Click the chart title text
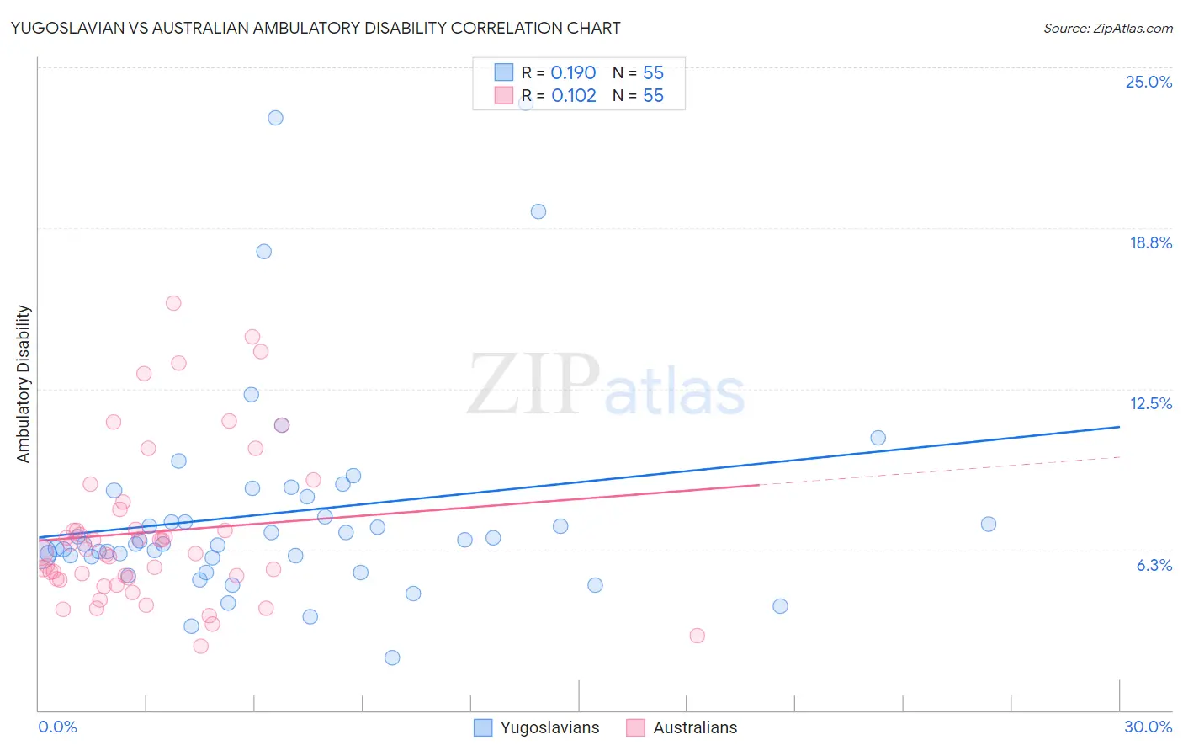pyautogui.click(x=316, y=28)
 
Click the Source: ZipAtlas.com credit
pyautogui.click(x=1107, y=28)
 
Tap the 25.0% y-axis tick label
pyautogui.click(x=1149, y=82)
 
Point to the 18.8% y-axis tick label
pyautogui.click(x=1150, y=242)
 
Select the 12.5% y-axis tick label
pyautogui.click(x=1150, y=403)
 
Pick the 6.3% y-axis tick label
pyautogui.click(x=1154, y=565)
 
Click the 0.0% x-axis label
pyautogui.click(x=57, y=727)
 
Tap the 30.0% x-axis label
pyautogui.click(x=1148, y=727)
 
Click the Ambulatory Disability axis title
pyautogui.click(x=24, y=384)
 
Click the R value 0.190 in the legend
pyautogui.click(x=573, y=73)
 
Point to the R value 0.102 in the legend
pyautogui.click(x=574, y=96)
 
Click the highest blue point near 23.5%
pyautogui.click(x=275, y=118)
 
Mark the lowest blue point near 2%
pyautogui.click(x=392, y=658)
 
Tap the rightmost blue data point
pyautogui.click(x=989, y=525)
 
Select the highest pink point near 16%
pyautogui.click(x=173, y=303)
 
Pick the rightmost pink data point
pyautogui.click(x=697, y=636)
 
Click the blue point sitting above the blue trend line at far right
pyautogui.click(x=878, y=438)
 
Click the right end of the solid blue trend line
pyautogui.click(x=1119, y=427)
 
